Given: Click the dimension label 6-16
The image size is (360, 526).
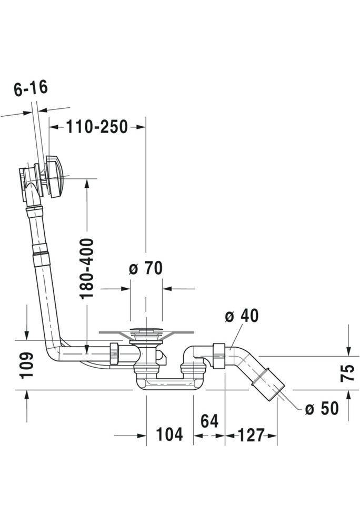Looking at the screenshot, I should point(31,87).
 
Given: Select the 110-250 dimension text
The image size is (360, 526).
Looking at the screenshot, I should point(97,127).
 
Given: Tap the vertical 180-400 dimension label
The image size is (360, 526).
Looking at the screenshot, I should point(87,268).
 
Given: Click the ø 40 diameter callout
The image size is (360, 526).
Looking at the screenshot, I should point(242,316).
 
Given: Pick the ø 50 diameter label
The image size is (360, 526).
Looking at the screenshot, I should point(322,408).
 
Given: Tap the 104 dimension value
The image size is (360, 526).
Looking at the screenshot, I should point(169,435).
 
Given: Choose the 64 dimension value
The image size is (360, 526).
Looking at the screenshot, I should point(209,421).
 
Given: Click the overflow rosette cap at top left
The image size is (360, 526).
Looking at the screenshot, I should point(55,175).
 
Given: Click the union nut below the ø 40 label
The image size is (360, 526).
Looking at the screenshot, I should point(219,356).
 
